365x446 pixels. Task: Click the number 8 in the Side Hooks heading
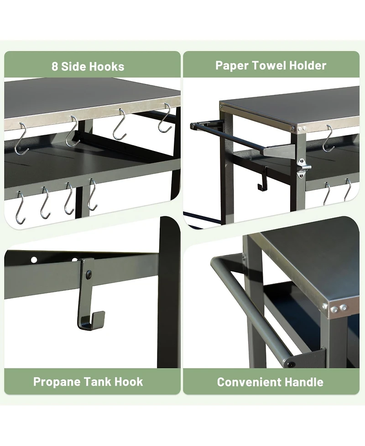coord(55,66)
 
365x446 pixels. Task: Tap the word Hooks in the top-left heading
coord(106,66)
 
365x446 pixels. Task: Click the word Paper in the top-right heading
coord(230,65)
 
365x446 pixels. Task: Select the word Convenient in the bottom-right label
coord(250,382)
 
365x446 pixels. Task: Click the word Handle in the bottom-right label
coord(305,382)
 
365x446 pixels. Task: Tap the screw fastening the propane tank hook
coord(89,274)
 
